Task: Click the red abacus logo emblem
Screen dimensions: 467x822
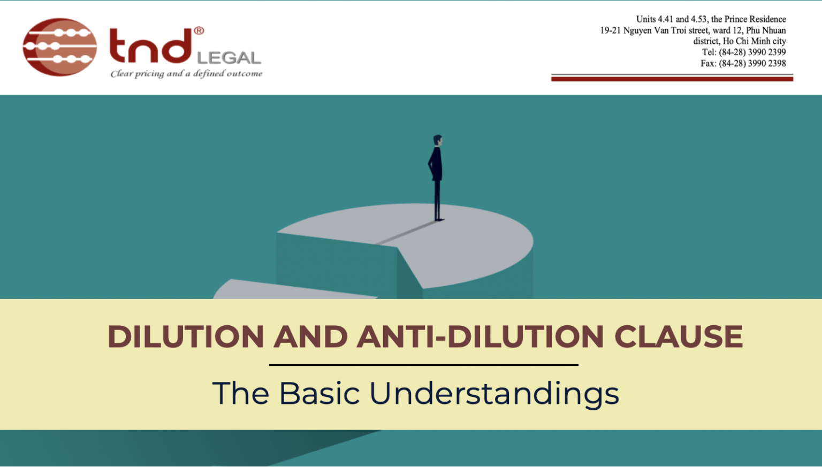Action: click(60, 47)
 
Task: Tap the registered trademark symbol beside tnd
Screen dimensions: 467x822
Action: click(199, 31)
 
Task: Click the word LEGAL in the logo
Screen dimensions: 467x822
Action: click(229, 58)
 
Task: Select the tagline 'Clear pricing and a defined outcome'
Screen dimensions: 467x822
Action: click(186, 74)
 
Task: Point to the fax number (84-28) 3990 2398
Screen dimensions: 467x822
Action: click(752, 63)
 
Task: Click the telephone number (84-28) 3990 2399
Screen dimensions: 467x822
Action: click(752, 52)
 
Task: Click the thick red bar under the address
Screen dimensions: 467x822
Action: click(672, 79)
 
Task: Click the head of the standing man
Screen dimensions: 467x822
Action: click(438, 140)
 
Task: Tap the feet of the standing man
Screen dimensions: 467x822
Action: click(439, 218)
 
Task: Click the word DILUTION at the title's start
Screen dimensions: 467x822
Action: click(186, 337)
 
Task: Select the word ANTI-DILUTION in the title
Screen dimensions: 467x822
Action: click(481, 337)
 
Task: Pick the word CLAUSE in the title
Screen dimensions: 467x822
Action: click(679, 337)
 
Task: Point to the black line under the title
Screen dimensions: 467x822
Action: click(423, 365)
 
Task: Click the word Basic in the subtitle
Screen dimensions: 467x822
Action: click(319, 394)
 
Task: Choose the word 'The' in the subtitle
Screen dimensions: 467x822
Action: click(241, 394)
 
